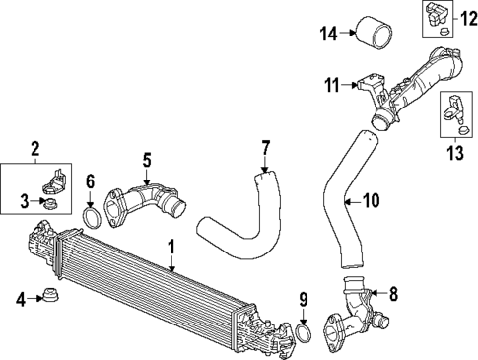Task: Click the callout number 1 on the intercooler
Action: [171, 246]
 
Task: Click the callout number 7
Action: [264, 148]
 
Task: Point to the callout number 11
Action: [333, 85]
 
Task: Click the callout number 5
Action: [146, 158]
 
